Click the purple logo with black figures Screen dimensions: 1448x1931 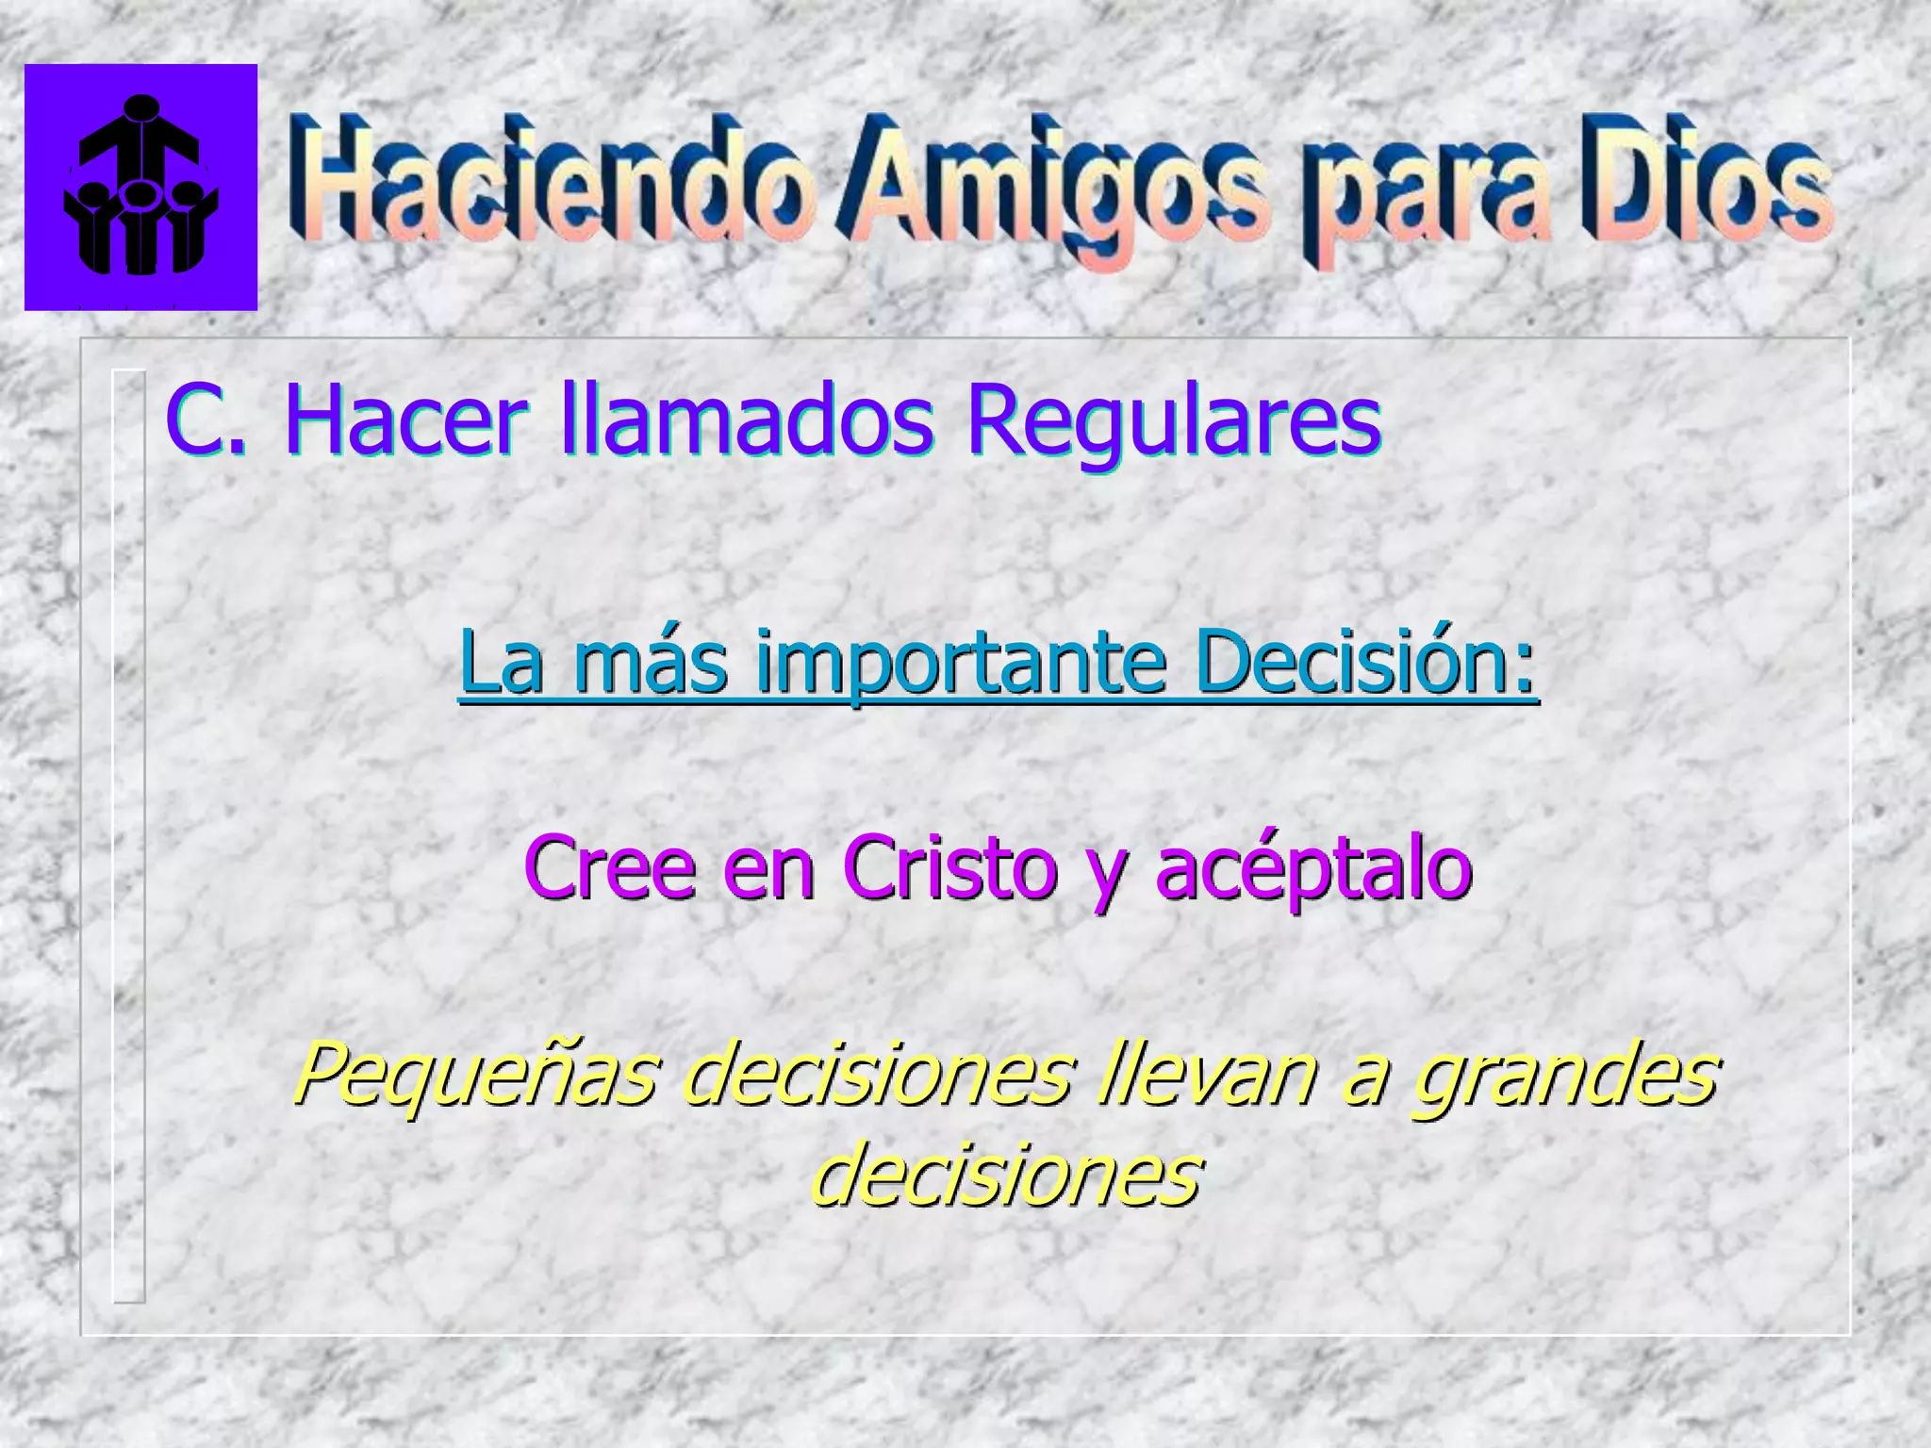(140, 187)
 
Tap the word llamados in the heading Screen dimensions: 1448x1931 (746, 420)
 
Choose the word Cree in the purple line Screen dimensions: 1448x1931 (609, 868)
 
